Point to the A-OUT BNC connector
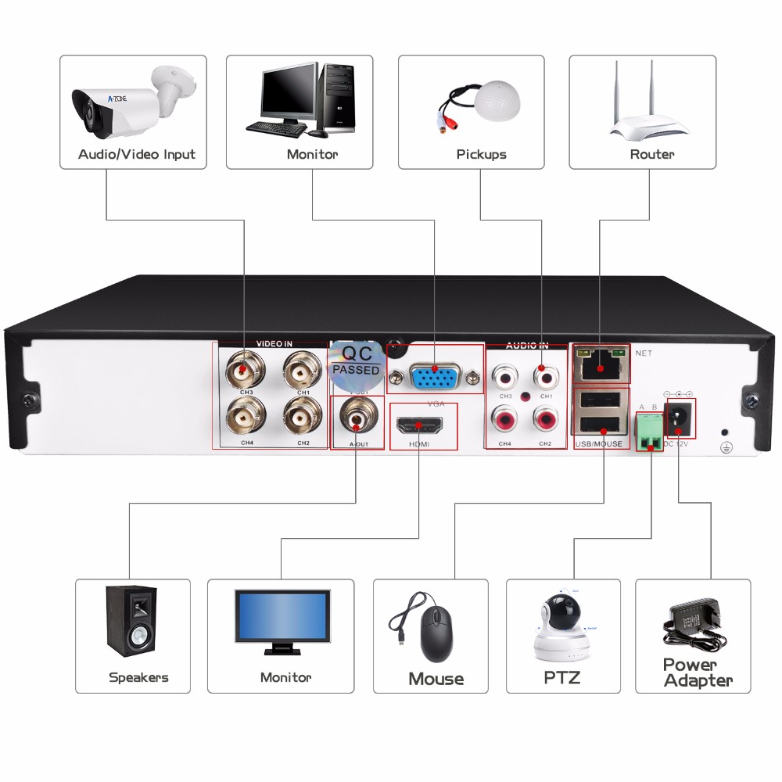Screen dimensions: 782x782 coord(357,418)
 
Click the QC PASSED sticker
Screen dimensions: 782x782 coord(356,364)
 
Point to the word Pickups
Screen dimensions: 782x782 coord(481,154)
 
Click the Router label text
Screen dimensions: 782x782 coord(651,154)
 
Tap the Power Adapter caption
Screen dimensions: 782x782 coord(698,673)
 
